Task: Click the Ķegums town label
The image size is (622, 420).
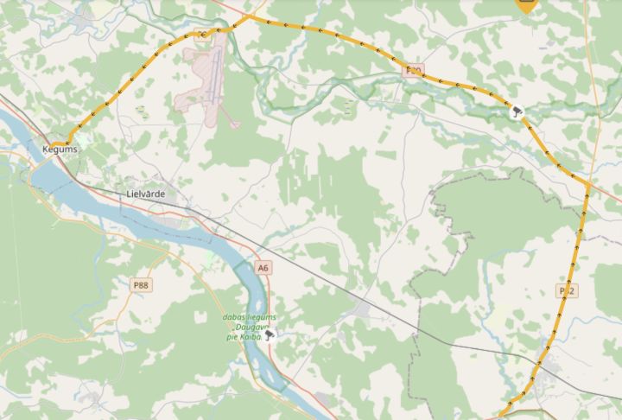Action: [x=60, y=150]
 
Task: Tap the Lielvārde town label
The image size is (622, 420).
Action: [x=145, y=194]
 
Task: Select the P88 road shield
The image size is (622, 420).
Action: [x=141, y=283]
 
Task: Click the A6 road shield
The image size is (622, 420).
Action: [x=263, y=268]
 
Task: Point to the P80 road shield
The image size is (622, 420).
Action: [x=414, y=70]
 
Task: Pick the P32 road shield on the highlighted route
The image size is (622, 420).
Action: [x=566, y=289]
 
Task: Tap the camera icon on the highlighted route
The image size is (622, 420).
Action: [x=517, y=111]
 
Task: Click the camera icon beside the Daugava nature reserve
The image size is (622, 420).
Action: [x=270, y=334]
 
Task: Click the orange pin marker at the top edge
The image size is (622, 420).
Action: [x=526, y=4]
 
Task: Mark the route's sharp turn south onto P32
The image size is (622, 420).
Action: [x=587, y=184]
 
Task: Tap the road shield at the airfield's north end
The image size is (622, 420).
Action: [x=203, y=35]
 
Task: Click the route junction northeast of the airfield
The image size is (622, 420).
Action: [x=248, y=16]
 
